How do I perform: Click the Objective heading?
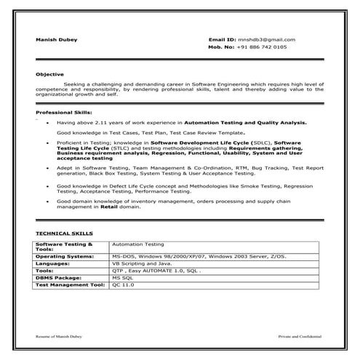49,74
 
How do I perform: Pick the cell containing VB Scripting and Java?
137,263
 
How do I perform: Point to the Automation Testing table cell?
138,244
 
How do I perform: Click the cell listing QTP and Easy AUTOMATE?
156,271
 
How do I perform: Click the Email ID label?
222,39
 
